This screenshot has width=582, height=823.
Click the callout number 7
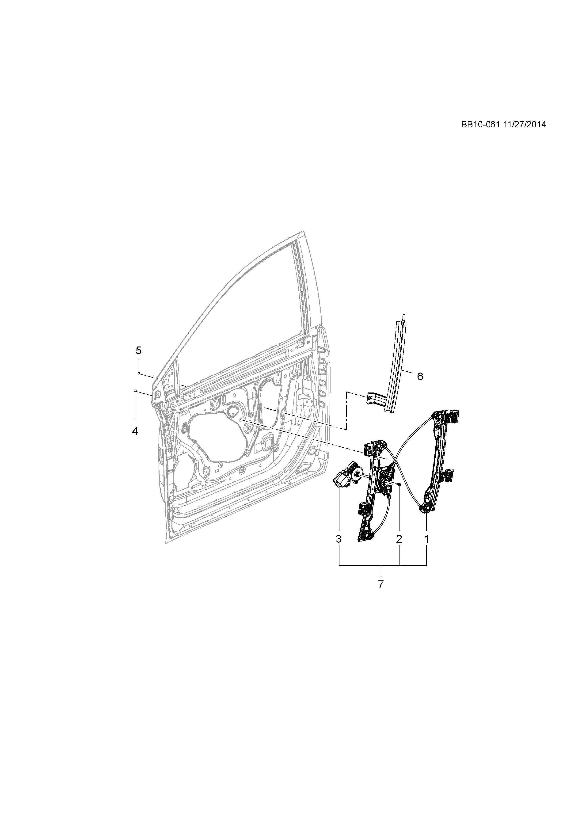[380, 584]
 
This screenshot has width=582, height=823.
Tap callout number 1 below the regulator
[426, 549]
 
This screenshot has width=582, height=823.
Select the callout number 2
[399, 549]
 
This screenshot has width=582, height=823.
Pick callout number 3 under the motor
[339, 549]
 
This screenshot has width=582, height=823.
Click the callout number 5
[139, 350]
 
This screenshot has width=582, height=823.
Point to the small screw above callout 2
[399, 484]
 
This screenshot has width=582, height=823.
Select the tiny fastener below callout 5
[139, 373]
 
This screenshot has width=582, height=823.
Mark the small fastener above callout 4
[135, 390]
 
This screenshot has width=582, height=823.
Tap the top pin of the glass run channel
[403, 317]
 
